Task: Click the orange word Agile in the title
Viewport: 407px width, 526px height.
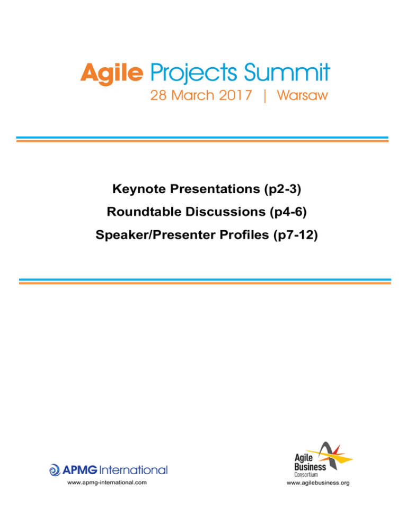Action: coord(112,74)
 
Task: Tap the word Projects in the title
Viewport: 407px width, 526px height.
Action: coord(193,74)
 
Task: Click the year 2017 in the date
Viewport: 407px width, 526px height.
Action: coord(235,95)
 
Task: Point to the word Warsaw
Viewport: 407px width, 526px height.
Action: coord(302,95)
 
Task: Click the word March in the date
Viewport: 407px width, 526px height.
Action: coord(192,95)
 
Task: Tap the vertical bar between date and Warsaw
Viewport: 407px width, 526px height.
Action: coord(265,96)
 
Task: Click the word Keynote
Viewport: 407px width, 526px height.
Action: coord(139,189)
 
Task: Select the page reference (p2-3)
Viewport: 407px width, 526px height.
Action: coord(282,189)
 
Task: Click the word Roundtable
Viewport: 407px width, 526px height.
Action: coord(145,212)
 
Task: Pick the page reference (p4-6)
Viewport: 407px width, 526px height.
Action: coord(288,212)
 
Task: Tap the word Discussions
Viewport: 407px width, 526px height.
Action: coord(226,212)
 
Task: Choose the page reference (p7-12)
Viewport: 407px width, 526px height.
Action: coord(296,235)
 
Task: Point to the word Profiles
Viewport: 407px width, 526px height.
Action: coord(244,234)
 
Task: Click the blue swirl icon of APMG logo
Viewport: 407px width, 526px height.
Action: coord(55,470)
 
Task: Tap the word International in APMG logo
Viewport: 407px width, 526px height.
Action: coord(133,470)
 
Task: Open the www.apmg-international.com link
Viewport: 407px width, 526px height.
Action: coord(107,483)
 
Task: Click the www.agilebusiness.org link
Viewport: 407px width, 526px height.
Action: coord(318,483)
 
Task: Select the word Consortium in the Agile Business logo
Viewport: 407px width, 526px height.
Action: coord(306,475)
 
